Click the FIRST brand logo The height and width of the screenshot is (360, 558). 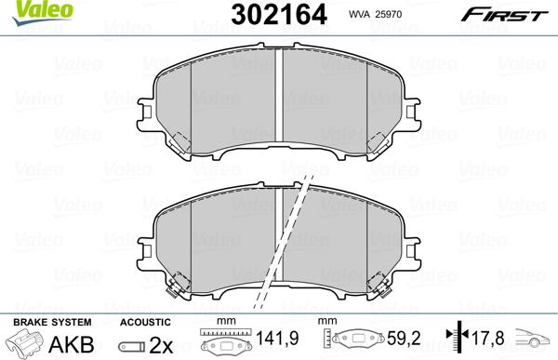[510, 13]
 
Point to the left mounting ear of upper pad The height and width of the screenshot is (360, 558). [146, 110]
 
